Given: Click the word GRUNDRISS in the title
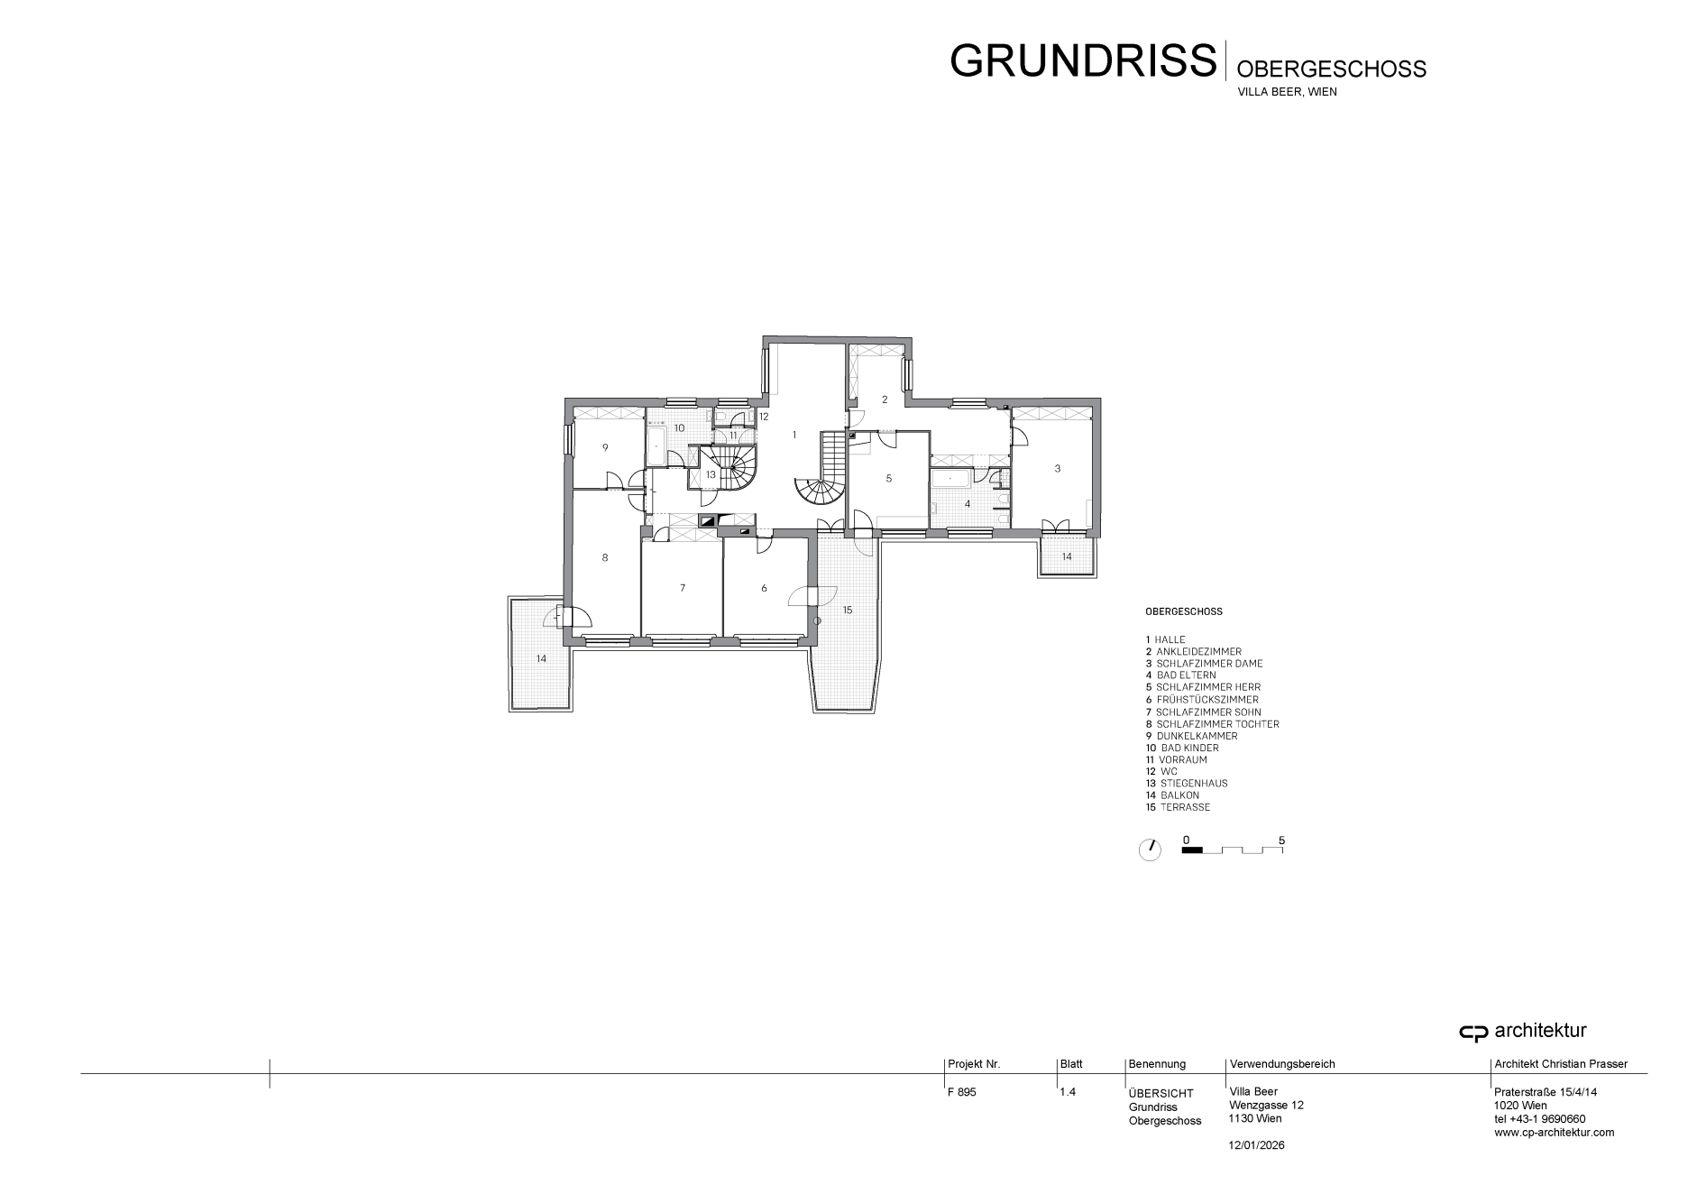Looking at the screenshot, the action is pos(1083,60).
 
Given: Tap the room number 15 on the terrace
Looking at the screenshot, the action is pos(848,611).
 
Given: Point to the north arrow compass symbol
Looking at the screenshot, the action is pos(1150,850).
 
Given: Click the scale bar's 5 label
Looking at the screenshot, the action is pos(1281,840).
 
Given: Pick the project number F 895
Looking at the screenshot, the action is pos(962,1092).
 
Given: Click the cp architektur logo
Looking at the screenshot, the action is pos(1523,1032).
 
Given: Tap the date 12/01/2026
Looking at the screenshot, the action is pos(1257,1145).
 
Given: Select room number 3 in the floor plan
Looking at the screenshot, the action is pos(1058,468).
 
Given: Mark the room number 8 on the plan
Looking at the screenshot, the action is pos(605,557).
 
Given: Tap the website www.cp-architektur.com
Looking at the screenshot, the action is pos(1555,1133).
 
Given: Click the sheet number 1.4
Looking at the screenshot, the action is pos(1068,1092).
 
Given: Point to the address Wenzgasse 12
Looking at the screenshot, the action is pos(1266,1106).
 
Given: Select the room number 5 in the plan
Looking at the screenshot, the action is pos(889,478).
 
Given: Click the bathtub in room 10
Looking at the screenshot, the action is pos(656,447).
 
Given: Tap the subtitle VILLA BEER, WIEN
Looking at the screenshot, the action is pos(1287,92).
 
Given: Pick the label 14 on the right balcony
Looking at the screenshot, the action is pos(1067,556).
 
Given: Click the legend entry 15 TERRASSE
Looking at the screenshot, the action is pos(1178,807).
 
